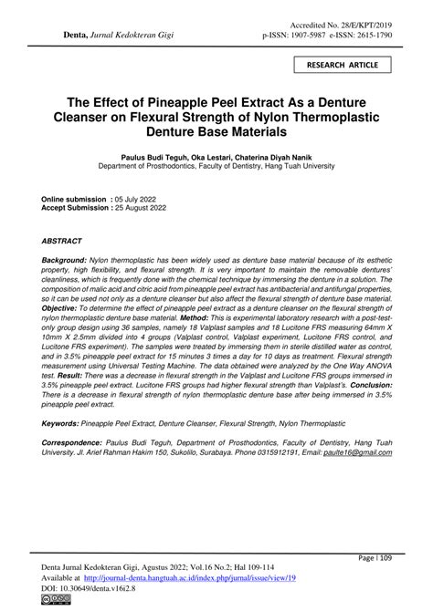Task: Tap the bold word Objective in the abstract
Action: [x=62, y=308]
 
